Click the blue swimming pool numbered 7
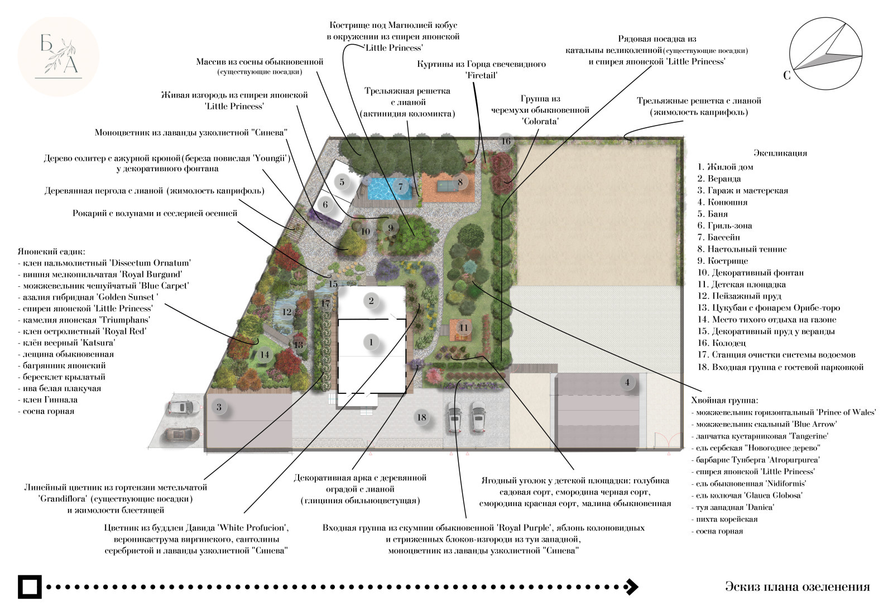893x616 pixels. [x=390, y=189]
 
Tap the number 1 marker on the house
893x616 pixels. [x=371, y=342]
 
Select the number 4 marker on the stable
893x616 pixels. [x=627, y=382]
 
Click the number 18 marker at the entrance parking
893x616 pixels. [x=421, y=417]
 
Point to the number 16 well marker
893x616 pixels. [x=506, y=141]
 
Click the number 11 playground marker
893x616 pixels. [x=463, y=328]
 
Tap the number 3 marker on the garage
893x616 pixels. [x=219, y=407]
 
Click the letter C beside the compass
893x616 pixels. [x=786, y=75]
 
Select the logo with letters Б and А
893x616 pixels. [x=58, y=56]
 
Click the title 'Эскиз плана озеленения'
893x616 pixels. [x=798, y=586]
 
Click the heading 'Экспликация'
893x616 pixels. [x=780, y=153]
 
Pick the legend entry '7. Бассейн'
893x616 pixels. [x=718, y=238]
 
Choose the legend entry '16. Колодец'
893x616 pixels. [x=722, y=343]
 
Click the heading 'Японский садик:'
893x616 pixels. [x=51, y=252]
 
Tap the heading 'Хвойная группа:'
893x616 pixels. [x=725, y=401]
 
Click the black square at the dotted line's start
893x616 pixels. [x=30, y=586]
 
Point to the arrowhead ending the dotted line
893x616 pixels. [x=632, y=586]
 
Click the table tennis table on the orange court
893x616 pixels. [x=447, y=186]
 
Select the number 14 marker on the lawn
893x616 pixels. [x=265, y=355]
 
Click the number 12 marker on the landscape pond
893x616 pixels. [x=287, y=312]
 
